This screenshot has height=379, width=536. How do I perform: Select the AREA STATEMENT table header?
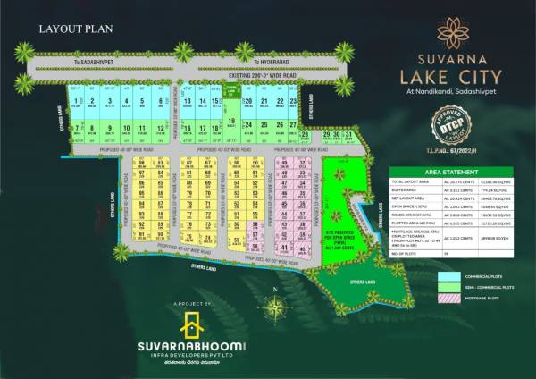tap(450, 171)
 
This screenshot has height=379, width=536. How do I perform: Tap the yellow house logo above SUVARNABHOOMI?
tap(192, 325)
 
